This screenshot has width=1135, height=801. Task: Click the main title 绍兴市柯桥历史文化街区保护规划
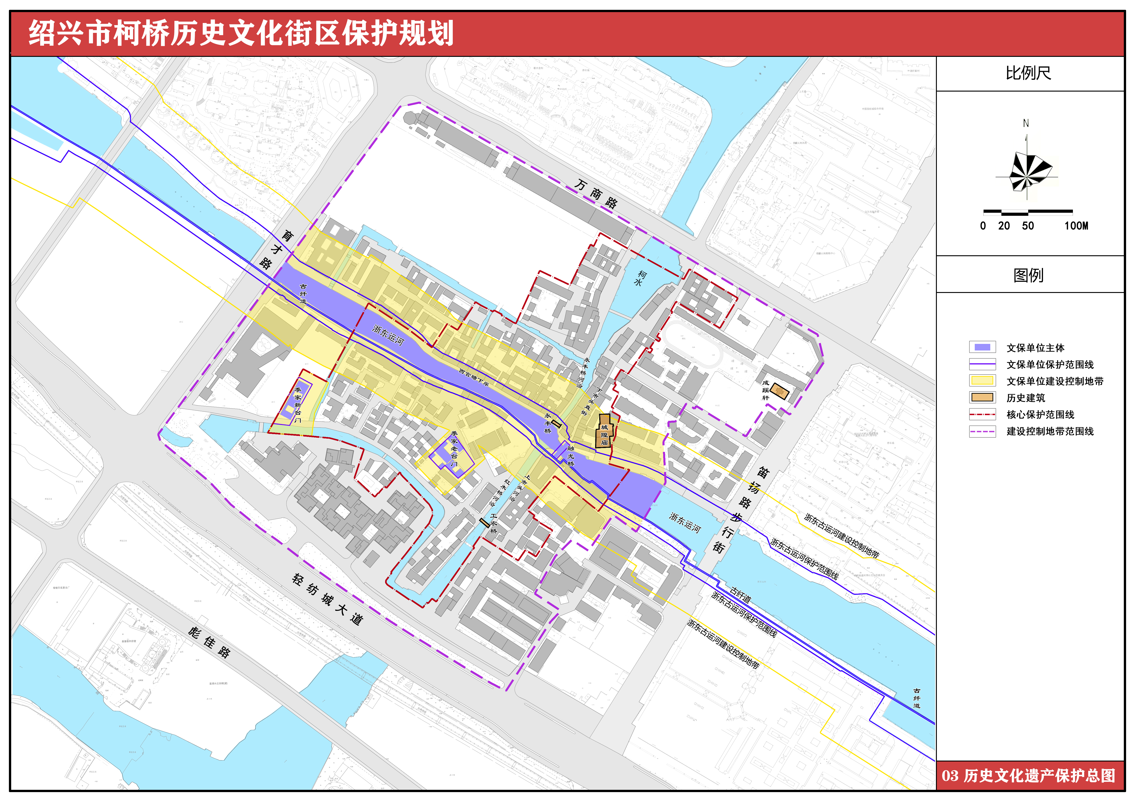click(x=241, y=34)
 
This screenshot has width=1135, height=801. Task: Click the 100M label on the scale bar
click(x=1076, y=226)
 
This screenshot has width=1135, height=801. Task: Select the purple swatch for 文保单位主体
click(x=982, y=347)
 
